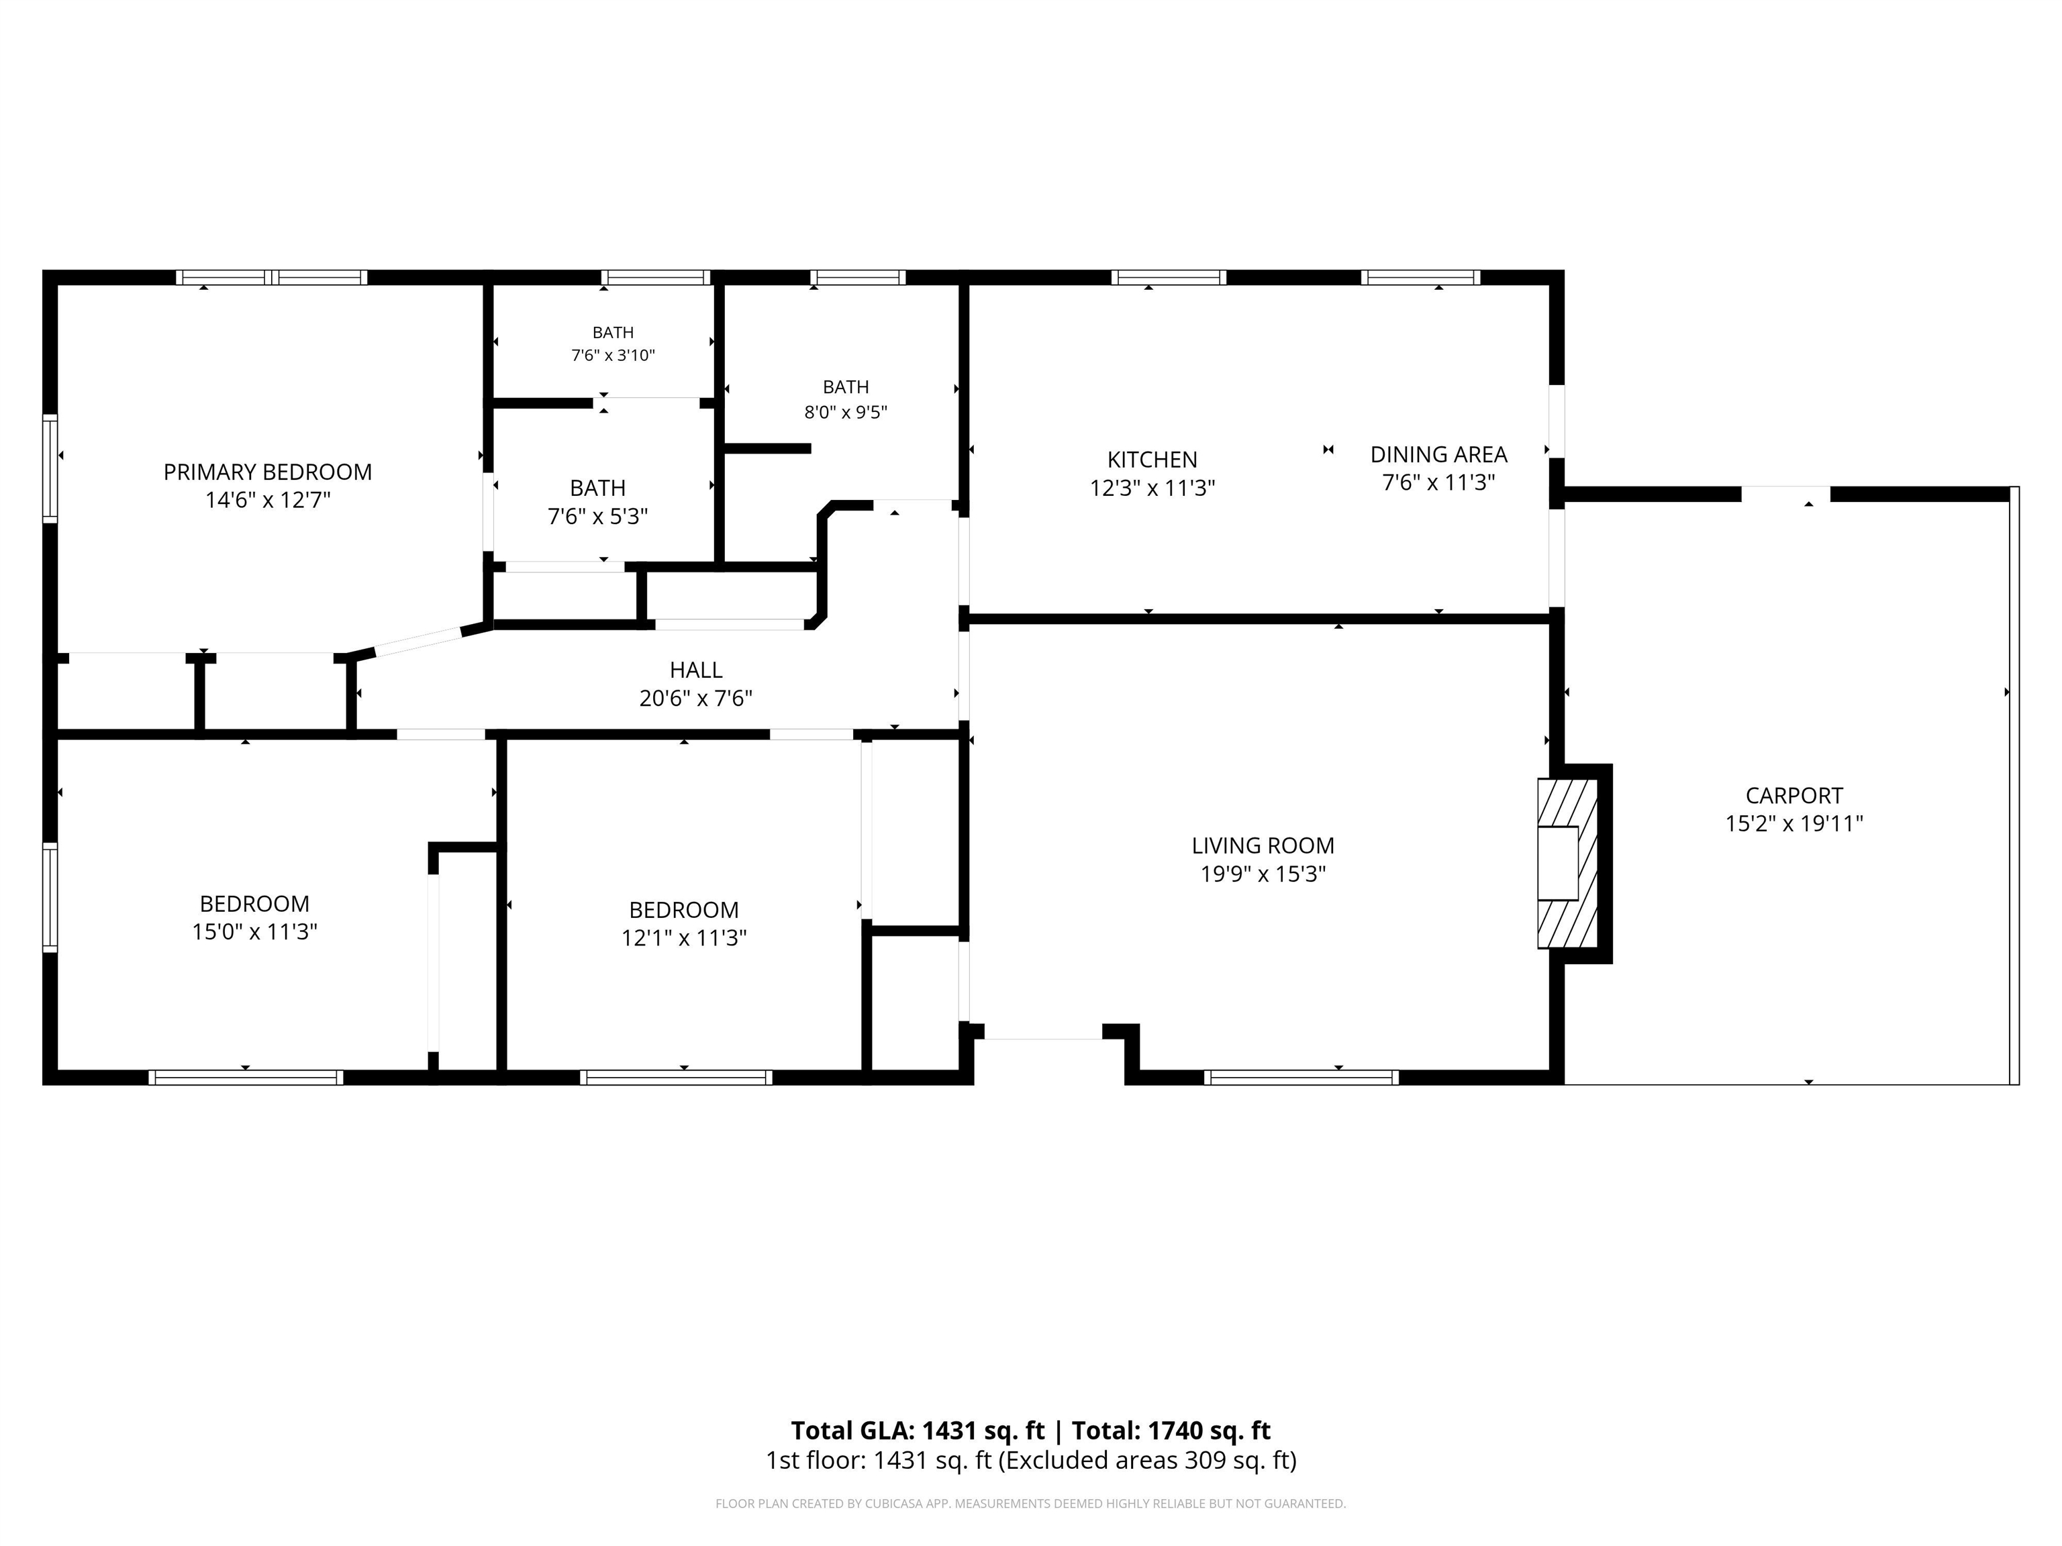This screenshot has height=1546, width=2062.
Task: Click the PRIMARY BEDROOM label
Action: tap(268, 472)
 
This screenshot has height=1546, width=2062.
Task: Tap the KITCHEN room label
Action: tap(1152, 460)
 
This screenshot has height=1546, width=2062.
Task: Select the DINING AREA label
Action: tap(1438, 455)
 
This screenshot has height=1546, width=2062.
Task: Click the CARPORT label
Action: tap(1794, 796)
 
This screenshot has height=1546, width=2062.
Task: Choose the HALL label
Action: tap(695, 670)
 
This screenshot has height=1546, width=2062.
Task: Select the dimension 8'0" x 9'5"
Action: tap(846, 412)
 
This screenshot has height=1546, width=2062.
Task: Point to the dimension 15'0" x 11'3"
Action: tap(254, 932)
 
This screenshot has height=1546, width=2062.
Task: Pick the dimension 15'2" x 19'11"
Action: tap(1794, 824)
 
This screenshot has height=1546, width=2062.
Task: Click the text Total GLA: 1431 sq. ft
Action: tap(918, 1431)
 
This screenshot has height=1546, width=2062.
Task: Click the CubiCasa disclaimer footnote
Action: tap(1031, 1503)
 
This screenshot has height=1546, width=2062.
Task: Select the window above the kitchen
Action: tap(1168, 276)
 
